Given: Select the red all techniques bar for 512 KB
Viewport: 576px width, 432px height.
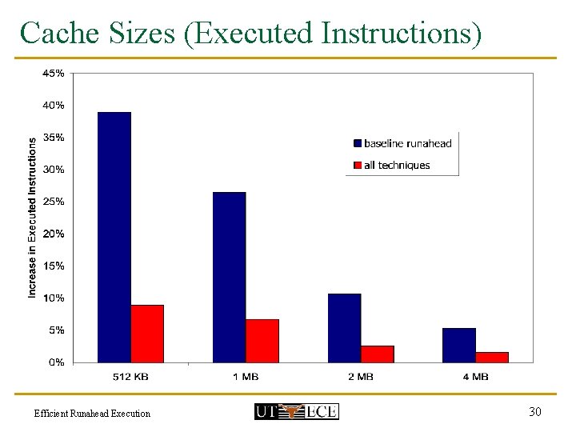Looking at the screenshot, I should click(x=147, y=334).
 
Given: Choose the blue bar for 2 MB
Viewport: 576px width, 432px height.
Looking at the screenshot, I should click(x=344, y=328).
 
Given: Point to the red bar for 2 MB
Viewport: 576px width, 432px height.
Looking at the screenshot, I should click(x=378, y=354).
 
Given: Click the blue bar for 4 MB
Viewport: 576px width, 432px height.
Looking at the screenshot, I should click(x=459, y=345).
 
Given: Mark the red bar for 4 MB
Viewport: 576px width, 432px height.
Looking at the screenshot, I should click(x=492, y=357).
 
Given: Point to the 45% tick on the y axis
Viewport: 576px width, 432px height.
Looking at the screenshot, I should click(x=54, y=73).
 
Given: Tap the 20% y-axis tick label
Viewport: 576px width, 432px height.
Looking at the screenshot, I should click(x=54, y=234).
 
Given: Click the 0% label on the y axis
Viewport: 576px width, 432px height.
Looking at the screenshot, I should click(x=57, y=362).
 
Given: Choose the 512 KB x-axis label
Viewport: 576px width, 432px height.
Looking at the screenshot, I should click(x=130, y=377).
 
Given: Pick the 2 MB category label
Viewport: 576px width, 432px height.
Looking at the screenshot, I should click(x=361, y=377).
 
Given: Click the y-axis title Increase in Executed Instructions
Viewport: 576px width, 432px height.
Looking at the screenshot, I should click(x=33, y=218).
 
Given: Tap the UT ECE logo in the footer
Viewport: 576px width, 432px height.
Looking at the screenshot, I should click(x=296, y=411).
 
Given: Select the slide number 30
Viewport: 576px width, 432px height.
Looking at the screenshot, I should click(x=535, y=411).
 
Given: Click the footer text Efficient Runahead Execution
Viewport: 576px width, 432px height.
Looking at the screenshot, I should click(x=92, y=414).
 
